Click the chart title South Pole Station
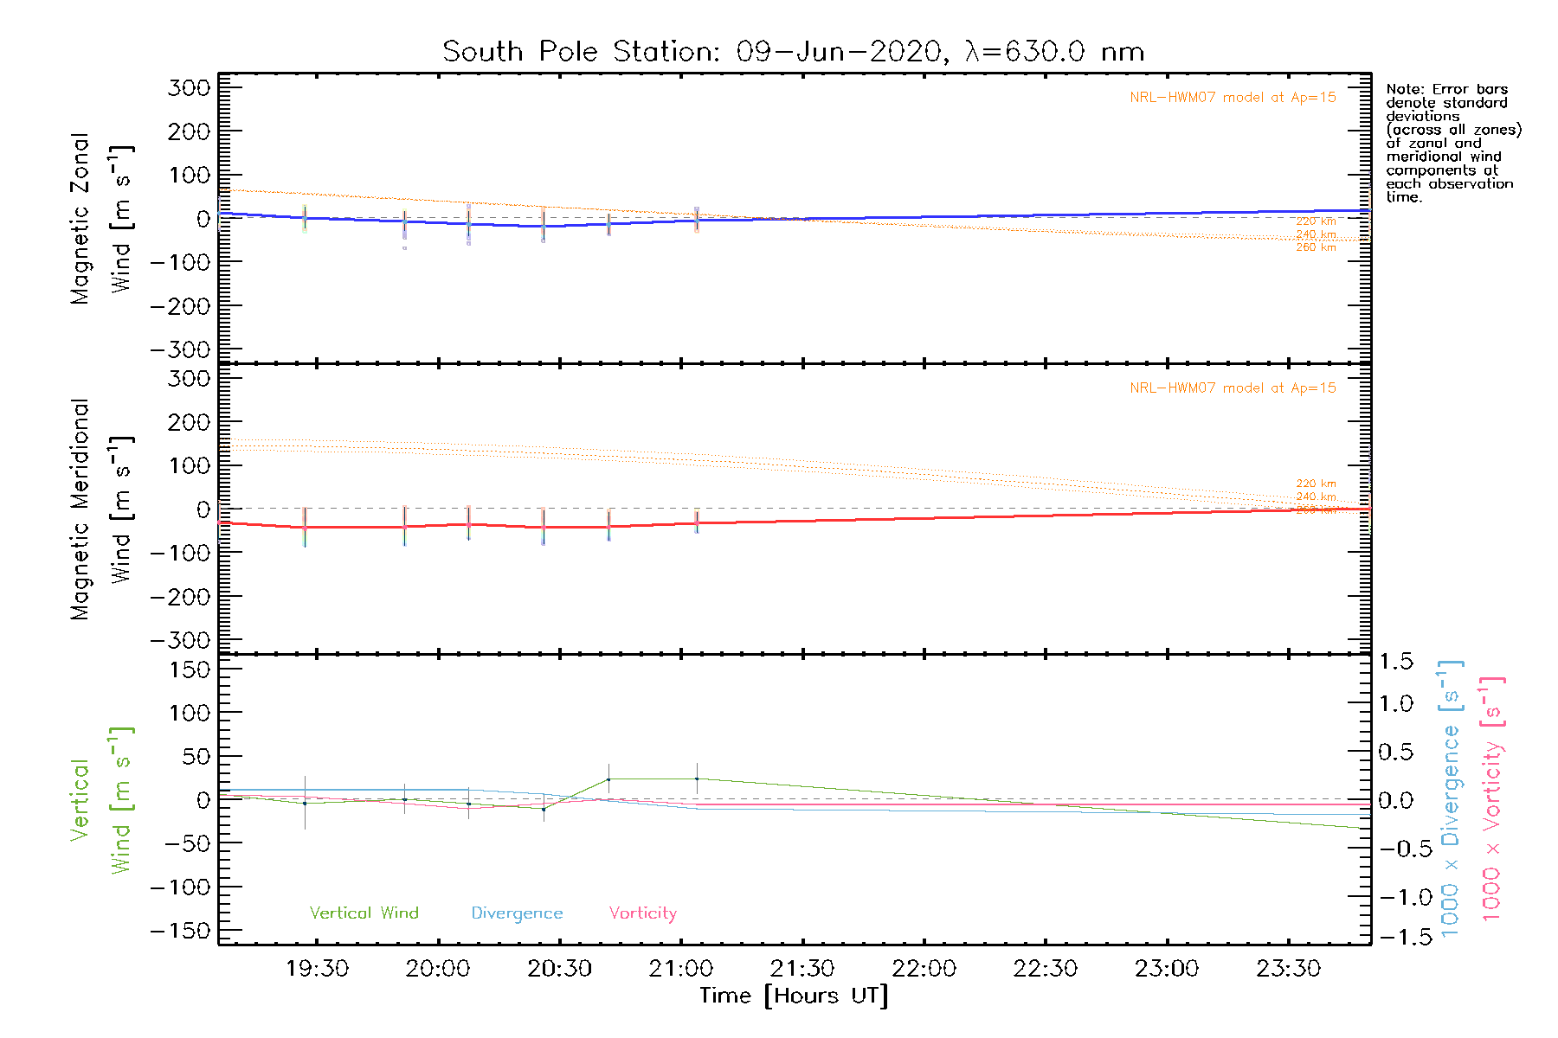[x=793, y=52]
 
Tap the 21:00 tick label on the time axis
[x=681, y=969]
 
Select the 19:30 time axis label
[x=317, y=969]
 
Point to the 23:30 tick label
[x=1288, y=969]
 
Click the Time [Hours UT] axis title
[x=793, y=996]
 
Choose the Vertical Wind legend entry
[x=364, y=913]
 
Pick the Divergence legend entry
[x=517, y=913]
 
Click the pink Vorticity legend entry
[x=642, y=913]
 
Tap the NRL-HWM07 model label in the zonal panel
[x=1233, y=98]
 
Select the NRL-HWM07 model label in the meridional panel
[x=1233, y=388]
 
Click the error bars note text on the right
[x=1452, y=143]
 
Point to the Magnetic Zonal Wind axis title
[x=100, y=219]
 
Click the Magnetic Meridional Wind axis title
[x=100, y=509]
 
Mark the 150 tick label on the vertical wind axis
[x=190, y=670]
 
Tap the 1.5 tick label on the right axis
[x=1395, y=662]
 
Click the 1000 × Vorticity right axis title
[x=1492, y=798]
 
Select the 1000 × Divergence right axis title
[x=1451, y=798]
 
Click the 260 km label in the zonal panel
[x=1316, y=247]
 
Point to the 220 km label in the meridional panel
[x=1316, y=484]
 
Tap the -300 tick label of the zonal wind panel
[x=180, y=350]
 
